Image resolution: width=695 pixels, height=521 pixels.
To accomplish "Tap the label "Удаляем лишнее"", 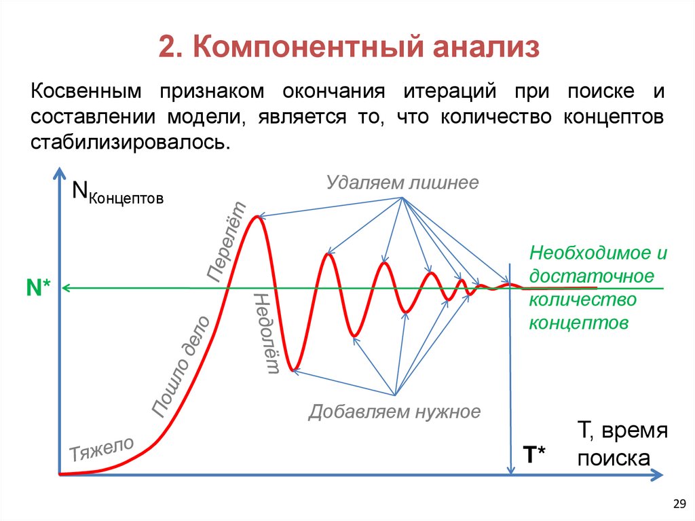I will pos(402,183).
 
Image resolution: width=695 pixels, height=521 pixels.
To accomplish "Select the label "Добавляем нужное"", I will pos(394,412).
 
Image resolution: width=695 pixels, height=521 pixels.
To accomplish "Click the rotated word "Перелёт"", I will pos(227,242).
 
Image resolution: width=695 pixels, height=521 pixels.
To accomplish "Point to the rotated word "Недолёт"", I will pos(266,333).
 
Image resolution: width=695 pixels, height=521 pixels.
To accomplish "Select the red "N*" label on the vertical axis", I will pos(39,288).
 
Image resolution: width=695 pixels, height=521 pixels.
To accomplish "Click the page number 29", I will pos(678,503).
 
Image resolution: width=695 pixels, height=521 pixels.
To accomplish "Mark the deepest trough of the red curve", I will pos(293,370).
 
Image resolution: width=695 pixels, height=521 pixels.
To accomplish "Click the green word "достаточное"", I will pos(592,276).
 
